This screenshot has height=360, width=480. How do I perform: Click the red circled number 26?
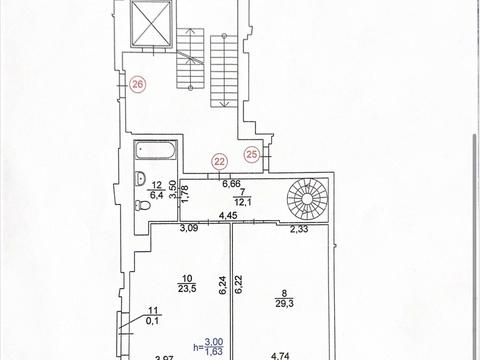click(x=138, y=84)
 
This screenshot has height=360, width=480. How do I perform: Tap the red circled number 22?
click(x=219, y=162)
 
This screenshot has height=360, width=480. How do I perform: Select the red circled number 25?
click(x=252, y=154)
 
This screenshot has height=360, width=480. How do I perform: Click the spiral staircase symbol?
click(x=307, y=200)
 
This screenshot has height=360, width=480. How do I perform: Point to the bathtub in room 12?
click(x=155, y=150)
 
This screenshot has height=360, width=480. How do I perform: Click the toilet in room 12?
click(x=142, y=205)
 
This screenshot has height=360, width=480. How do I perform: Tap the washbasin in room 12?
click(x=140, y=178)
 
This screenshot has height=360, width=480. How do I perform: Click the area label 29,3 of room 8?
click(x=284, y=304)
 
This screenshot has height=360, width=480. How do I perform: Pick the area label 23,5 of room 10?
click(x=187, y=289)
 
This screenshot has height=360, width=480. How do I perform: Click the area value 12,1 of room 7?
click(x=242, y=202)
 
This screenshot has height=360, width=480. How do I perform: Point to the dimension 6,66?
click(x=231, y=184)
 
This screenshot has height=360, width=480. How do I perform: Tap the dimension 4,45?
click(x=228, y=216)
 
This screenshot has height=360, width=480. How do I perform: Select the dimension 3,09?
click(x=189, y=228)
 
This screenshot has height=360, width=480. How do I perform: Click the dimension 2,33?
click(x=299, y=229)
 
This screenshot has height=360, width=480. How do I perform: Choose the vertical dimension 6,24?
click(x=223, y=285)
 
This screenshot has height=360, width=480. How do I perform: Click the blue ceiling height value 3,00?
click(x=214, y=342)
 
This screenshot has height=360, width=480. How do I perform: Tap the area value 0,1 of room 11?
click(x=153, y=321)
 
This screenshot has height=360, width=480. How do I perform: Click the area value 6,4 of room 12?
click(x=157, y=195)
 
